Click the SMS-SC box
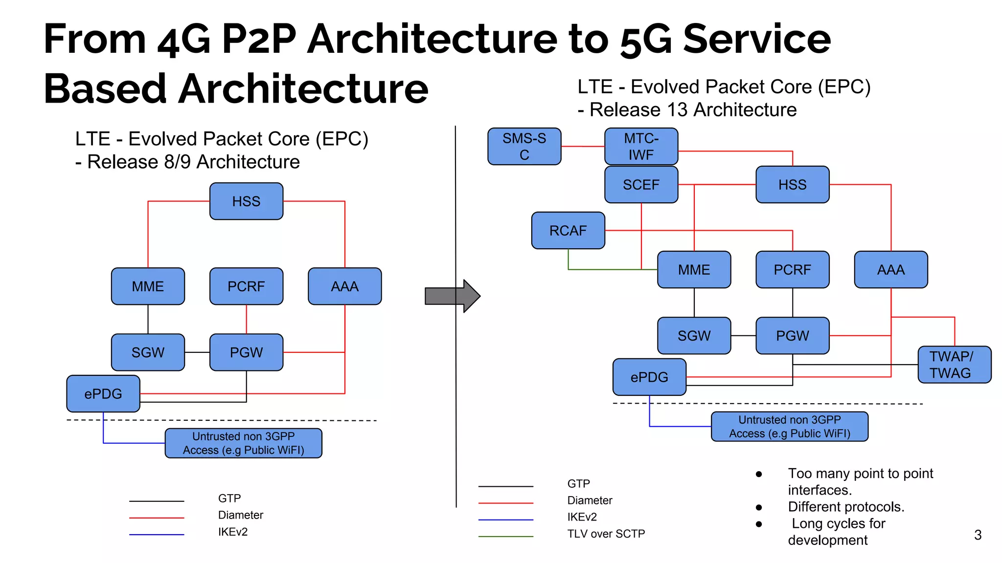524,147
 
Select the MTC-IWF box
641,147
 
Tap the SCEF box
641,185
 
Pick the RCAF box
568,231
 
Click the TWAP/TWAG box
954,365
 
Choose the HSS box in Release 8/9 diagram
246,201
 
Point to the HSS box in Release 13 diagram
792,185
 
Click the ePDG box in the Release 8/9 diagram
103,394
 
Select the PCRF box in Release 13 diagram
792,270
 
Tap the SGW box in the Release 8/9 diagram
148,352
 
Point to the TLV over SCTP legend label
606,534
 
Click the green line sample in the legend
505,537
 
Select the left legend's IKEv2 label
233,532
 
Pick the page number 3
978,535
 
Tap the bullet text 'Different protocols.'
846,507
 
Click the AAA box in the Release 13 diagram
890,270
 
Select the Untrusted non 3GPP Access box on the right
789,427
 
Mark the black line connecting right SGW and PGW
743,336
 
